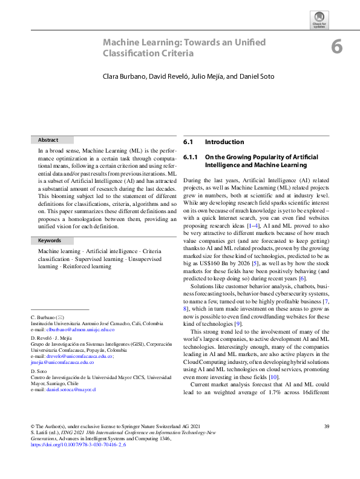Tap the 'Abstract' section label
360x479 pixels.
48,139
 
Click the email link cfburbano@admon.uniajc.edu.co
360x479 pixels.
79,329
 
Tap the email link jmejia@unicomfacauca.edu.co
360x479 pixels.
63,362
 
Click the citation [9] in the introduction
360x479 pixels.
238,323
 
